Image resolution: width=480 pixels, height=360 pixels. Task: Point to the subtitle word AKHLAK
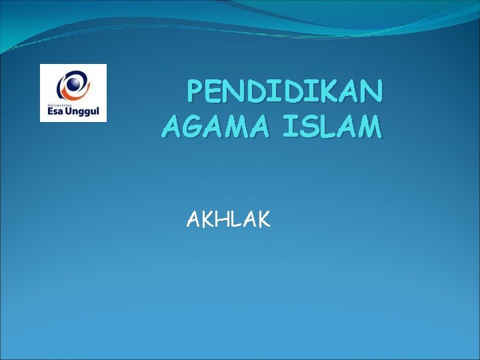coord(229,219)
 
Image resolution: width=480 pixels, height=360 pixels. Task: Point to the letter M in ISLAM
coord(369,126)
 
